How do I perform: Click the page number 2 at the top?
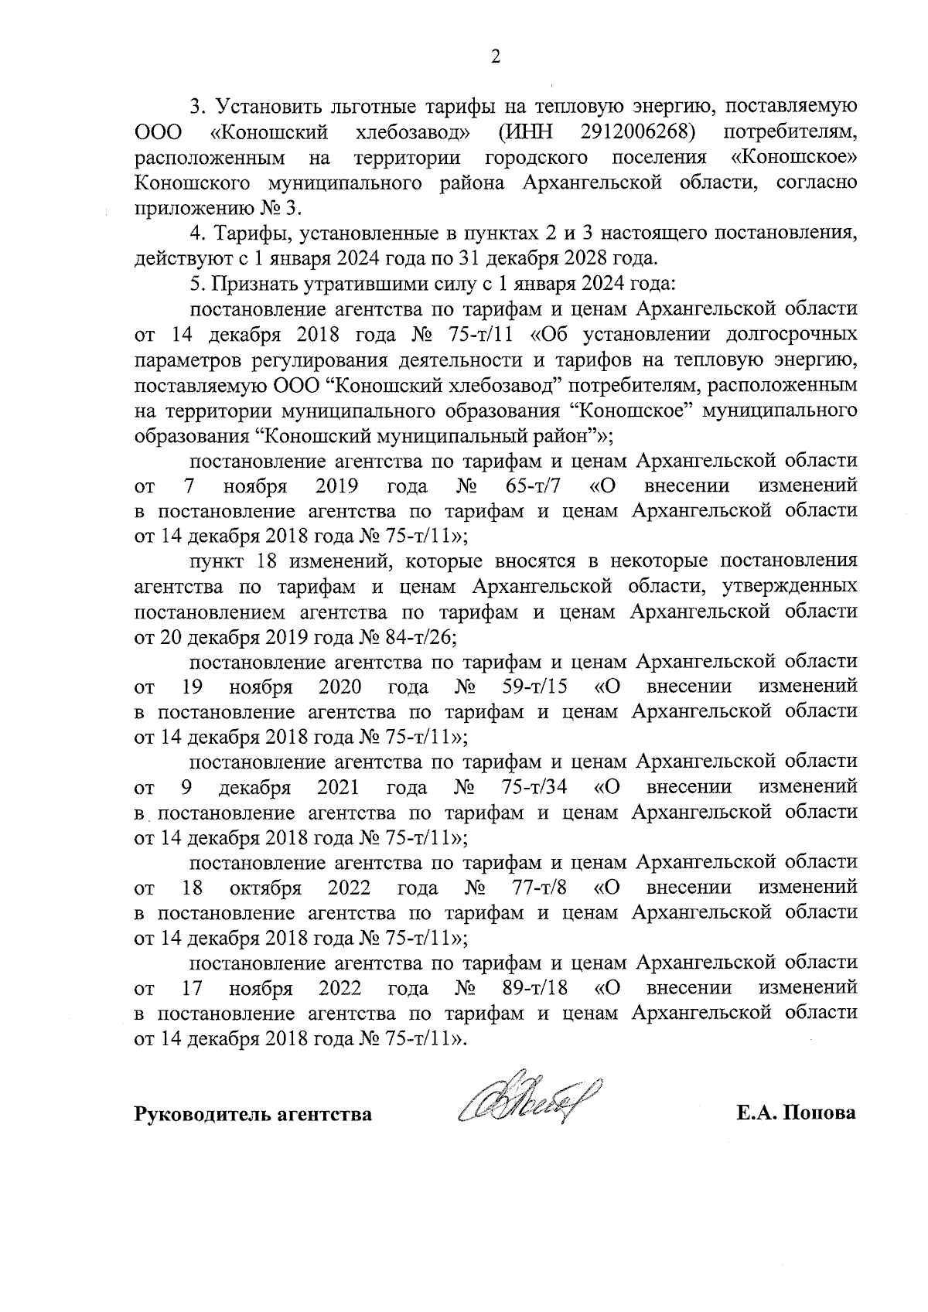pyautogui.click(x=495, y=56)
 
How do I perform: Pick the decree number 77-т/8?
pyautogui.click(x=540, y=887)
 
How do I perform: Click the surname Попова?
pyautogui.click(x=821, y=1114)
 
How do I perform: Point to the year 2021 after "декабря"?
pyautogui.click(x=338, y=787)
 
